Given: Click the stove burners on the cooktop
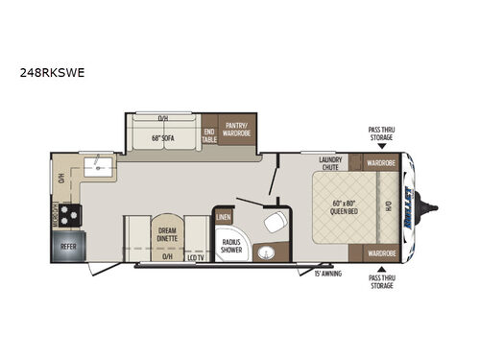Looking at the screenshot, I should [70, 214].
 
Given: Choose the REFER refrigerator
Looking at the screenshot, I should [68, 245].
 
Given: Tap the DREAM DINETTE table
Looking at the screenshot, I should [167, 233].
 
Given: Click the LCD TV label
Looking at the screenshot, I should [196, 257].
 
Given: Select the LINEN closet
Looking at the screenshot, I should [224, 217].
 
